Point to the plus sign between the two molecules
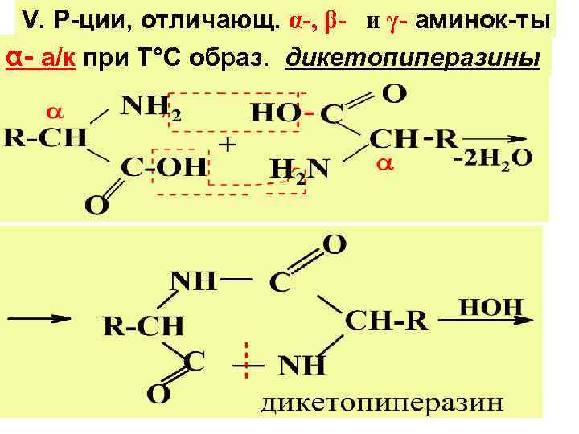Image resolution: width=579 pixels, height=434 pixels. coord(228,146)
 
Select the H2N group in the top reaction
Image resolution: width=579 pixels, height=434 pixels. coord(299,169)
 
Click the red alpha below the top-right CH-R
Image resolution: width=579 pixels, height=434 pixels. coord(384,166)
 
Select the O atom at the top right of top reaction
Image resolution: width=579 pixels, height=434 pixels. coord(393,93)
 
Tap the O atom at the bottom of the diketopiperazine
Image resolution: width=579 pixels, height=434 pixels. coord(158,395)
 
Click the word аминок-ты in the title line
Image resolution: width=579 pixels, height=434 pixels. coord(490,20)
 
